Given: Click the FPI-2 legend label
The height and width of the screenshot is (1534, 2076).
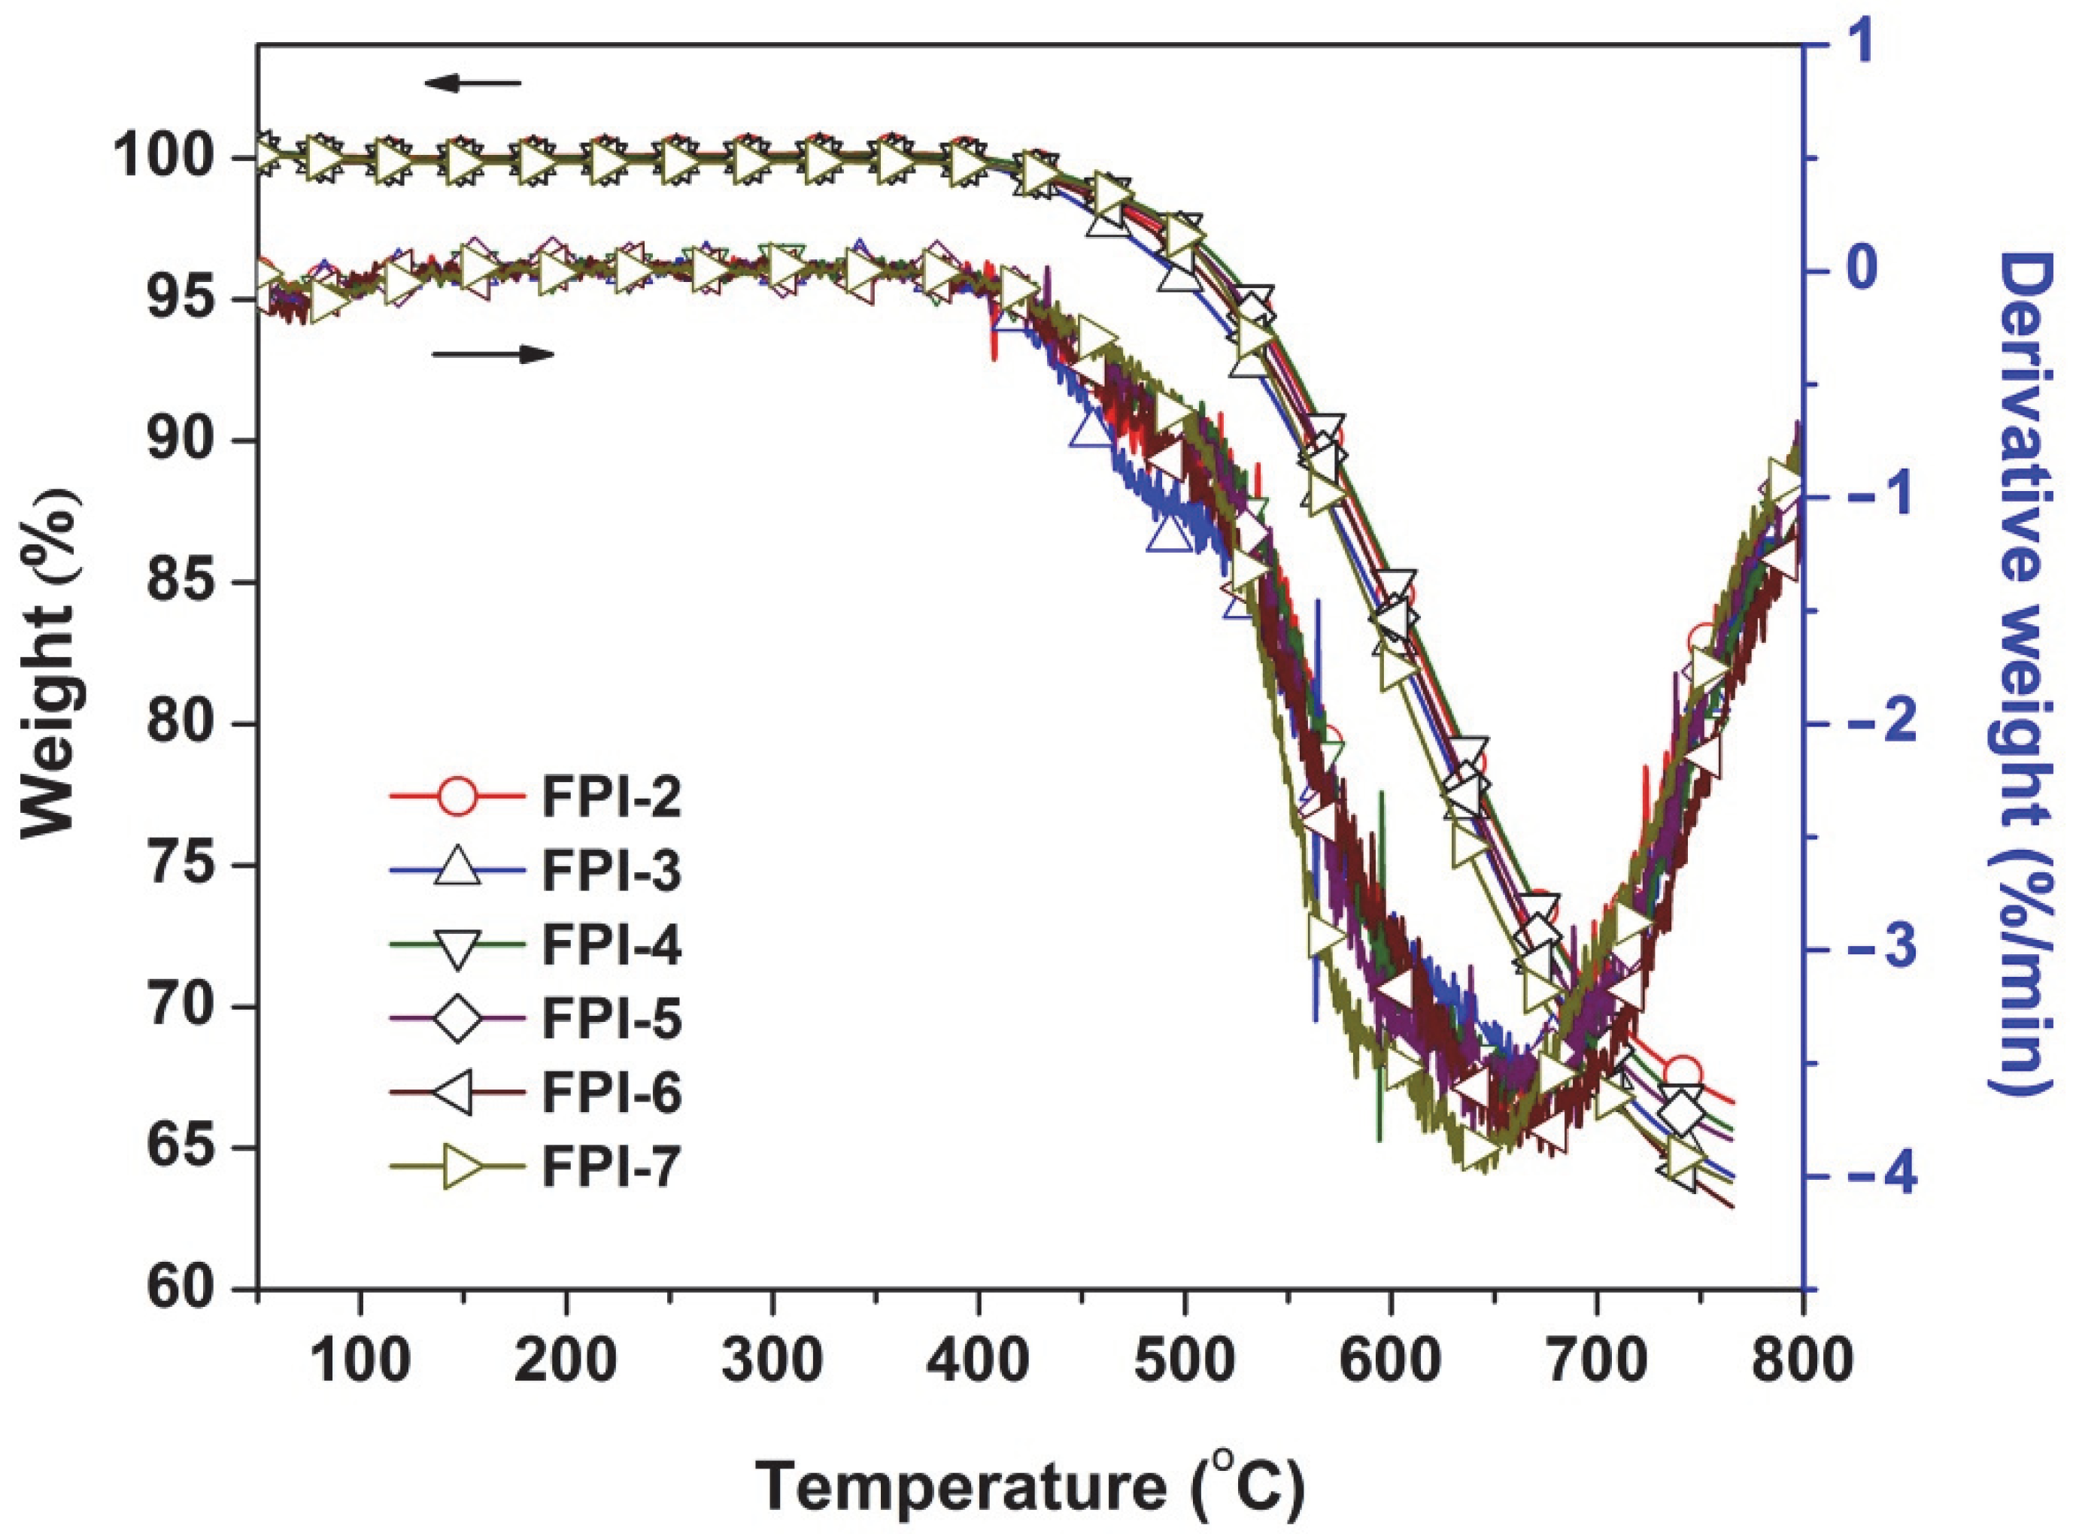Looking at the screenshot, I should (612, 798).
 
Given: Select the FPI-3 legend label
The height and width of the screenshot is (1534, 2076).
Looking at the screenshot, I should (612, 872).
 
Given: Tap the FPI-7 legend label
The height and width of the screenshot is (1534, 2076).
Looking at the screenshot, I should (612, 1167).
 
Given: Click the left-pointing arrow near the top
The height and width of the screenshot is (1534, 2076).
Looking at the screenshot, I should (474, 83).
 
